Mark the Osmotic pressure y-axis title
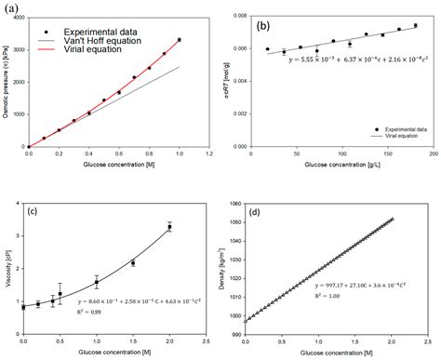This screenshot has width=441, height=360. tap(7, 80)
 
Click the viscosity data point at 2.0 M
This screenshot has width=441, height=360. tap(169, 226)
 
